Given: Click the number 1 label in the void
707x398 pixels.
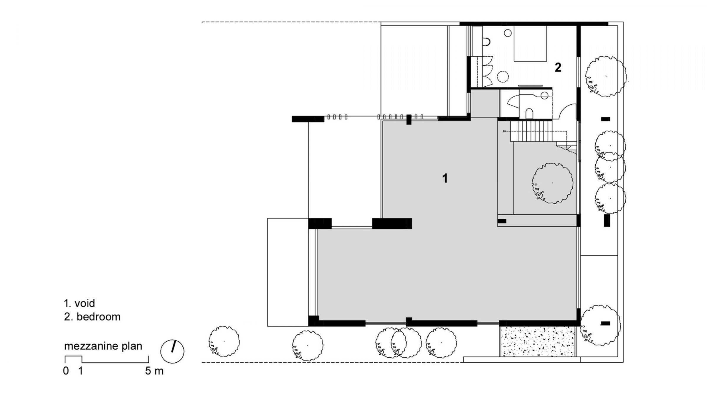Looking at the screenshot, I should pos(445,178).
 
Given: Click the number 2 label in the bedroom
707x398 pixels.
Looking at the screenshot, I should pos(558,68).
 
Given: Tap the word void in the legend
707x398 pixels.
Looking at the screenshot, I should pos(85,303).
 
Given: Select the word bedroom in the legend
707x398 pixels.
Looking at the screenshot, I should pos(98,317).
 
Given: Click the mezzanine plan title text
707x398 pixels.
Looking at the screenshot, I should pos(103,346).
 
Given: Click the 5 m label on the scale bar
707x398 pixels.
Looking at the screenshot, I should pos(154,371).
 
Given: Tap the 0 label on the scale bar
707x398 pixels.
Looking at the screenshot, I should pos(66,371).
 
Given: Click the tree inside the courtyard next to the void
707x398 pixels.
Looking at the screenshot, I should pos(552,183).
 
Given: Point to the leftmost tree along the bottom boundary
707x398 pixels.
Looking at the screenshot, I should pos(224,341).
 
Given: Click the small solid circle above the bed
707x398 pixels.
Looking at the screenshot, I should pos(508,33).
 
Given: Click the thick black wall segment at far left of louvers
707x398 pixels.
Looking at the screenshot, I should pos(308,119).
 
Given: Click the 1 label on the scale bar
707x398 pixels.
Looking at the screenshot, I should pos(80,371).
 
